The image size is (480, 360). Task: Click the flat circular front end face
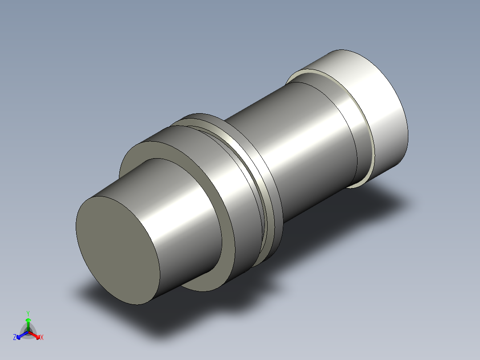click(x=118, y=250)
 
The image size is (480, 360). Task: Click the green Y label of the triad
click(x=28, y=313)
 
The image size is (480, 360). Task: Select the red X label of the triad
click(x=42, y=338)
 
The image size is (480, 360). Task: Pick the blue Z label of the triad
click(x=15, y=338)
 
